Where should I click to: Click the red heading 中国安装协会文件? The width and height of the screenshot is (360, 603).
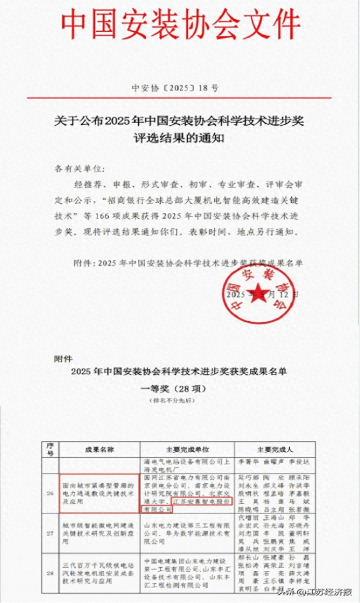(x=180, y=23)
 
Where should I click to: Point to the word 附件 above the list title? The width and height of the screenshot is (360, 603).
(x=63, y=359)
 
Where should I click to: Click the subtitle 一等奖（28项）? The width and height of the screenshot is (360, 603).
(x=180, y=388)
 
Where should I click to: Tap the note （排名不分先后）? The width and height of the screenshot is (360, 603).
(x=180, y=401)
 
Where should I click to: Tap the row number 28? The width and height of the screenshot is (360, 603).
(x=50, y=569)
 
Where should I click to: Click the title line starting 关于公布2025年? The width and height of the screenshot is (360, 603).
(x=179, y=122)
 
